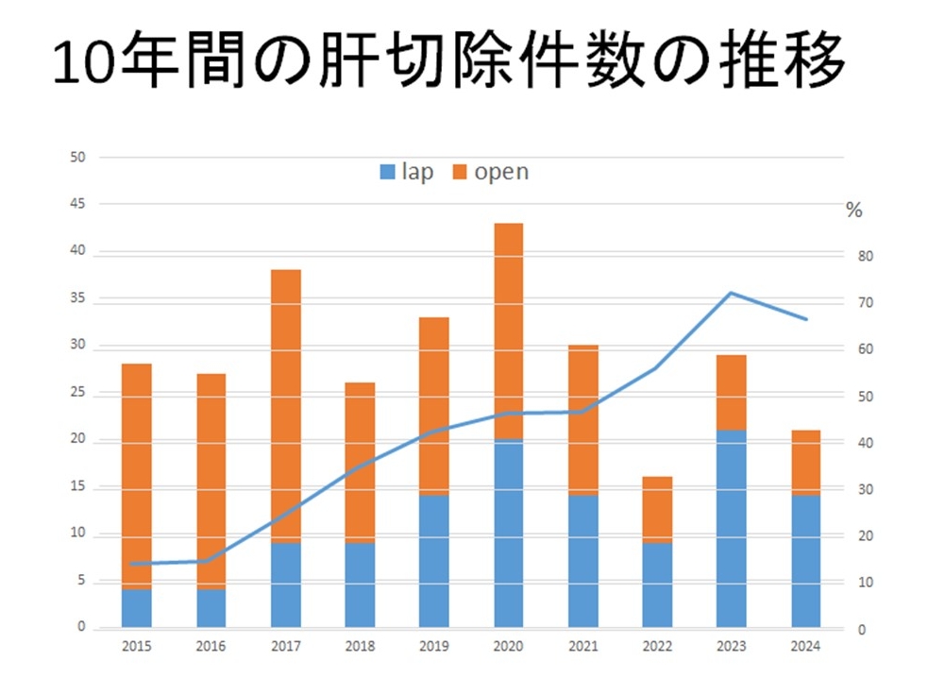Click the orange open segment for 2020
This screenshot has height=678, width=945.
(508, 331)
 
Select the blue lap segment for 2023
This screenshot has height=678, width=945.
(731, 529)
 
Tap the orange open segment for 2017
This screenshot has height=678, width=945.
(285, 406)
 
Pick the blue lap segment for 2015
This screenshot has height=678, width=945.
(137, 608)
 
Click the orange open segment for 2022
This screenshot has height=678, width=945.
(657, 510)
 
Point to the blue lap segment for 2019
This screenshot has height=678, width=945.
(434, 561)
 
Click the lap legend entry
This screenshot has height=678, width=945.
(406, 172)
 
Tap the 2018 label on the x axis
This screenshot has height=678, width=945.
(360, 648)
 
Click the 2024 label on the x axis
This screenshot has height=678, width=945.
(805, 648)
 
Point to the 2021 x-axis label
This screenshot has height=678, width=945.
(582, 648)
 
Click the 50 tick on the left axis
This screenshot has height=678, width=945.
(78, 157)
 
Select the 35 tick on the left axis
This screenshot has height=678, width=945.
(78, 298)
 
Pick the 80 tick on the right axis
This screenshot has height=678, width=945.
(866, 257)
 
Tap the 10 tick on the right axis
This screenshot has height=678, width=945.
(866, 584)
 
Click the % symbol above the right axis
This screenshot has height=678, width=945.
(854, 211)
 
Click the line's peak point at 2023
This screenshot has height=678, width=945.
(731, 293)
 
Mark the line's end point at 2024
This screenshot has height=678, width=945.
(805, 319)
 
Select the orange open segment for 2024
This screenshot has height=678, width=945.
(805, 463)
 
